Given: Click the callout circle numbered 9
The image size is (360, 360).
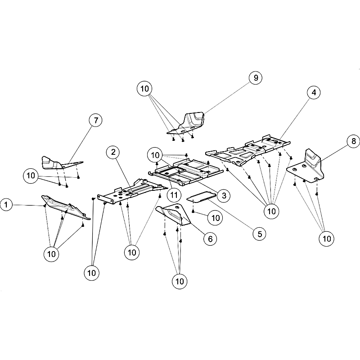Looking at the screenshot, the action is [256, 78].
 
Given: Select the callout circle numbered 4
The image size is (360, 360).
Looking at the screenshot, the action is [314, 92].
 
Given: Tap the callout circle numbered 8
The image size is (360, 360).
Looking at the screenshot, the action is [354, 141].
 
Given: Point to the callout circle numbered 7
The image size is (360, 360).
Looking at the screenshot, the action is [96, 120].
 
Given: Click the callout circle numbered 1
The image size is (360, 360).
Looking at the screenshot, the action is [6, 205].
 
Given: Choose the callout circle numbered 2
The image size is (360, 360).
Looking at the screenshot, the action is [113, 152].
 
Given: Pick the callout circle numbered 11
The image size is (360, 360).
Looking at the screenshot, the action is [174, 195].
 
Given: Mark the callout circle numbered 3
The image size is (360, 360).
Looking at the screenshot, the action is [224, 196].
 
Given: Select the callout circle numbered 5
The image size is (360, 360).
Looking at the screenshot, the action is [260, 234].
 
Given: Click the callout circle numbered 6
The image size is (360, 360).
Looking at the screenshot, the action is [210, 239].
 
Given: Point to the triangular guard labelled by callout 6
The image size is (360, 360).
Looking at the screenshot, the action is [174, 214].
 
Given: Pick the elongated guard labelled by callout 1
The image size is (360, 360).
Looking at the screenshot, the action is [65, 207].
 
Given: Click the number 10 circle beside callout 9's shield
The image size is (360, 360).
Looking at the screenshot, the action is [144, 89].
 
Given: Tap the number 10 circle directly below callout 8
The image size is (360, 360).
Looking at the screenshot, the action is [327, 239].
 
